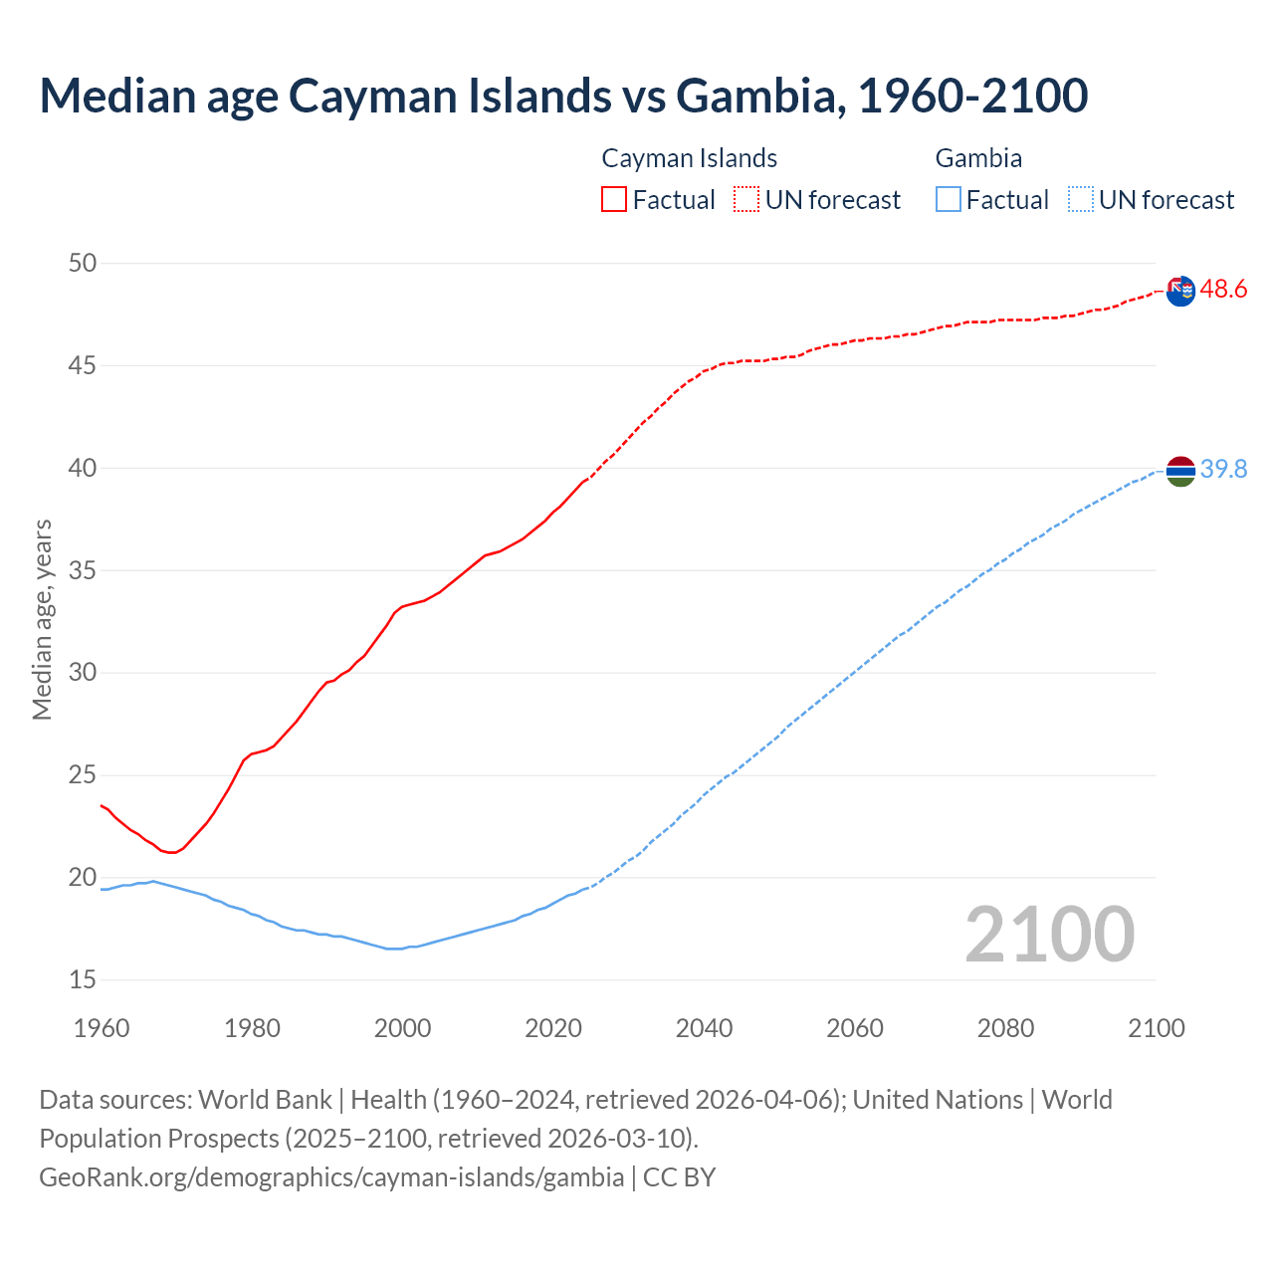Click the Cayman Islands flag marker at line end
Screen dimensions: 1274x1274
[1180, 291]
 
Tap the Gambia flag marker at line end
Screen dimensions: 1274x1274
[1180, 470]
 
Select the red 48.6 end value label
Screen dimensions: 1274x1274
[1223, 290]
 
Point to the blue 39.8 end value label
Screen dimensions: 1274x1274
[1223, 469]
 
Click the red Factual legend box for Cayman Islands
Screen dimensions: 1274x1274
[614, 200]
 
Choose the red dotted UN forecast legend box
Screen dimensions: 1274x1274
[746, 200]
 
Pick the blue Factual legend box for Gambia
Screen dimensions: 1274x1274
[949, 200]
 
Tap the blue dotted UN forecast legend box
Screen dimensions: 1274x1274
[1080, 200]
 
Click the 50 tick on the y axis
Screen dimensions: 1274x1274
[83, 264]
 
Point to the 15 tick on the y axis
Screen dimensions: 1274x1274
[83, 980]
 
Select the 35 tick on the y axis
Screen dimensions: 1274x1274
[83, 571]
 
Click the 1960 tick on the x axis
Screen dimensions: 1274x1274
[102, 1028]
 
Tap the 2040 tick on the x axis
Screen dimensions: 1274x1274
[704, 1028]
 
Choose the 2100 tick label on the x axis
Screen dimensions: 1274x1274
[1157, 1028]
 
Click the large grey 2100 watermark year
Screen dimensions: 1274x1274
[1049, 934]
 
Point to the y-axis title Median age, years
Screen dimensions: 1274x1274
[42, 619]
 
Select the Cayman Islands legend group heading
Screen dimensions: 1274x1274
[689, 158]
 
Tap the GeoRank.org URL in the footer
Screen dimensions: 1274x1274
[331, 1177]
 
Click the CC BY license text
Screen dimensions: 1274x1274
[680, 1177]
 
